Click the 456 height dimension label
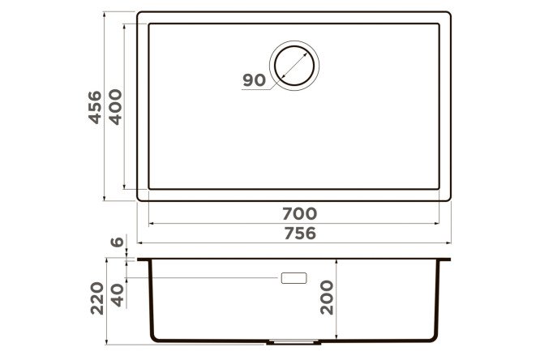point(95,107)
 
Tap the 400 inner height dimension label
point(116,107)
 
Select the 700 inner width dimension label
point(300,214)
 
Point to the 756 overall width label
point(300,234)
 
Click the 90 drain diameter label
point(254,80)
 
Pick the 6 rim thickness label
point(117,242)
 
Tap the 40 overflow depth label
point(117,295)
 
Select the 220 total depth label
point(96,298)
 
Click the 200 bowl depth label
point(327,298)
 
